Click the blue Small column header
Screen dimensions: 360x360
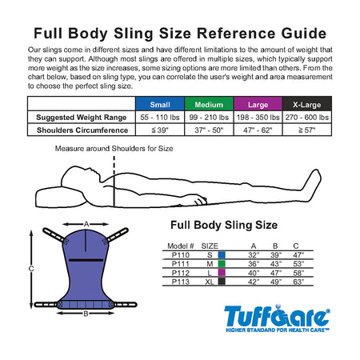(160, 104)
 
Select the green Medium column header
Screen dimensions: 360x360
(209, 104)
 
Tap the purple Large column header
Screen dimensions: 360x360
(258, 104)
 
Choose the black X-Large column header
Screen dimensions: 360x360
(307, 104)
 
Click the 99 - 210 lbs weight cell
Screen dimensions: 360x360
(209, 118)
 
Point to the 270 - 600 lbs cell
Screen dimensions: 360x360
(307, 118)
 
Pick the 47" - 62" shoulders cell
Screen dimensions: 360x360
(258, 130)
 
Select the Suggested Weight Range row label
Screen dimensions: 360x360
(82, 118)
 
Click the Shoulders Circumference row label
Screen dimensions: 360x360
(82, 130)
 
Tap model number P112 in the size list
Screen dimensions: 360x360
(181, 273)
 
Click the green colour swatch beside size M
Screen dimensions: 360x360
(222, 264)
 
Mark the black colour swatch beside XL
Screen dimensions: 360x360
(222, 282)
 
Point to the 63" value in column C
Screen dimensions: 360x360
(298, 282)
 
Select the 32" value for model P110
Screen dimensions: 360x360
(254, 255)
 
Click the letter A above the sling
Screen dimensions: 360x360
(86, 224)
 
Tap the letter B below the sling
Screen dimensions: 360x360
(86, 314)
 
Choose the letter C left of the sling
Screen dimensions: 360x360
(31, 269)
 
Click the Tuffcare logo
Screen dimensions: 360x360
(277, 318)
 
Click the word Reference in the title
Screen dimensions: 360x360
(236, 34)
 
